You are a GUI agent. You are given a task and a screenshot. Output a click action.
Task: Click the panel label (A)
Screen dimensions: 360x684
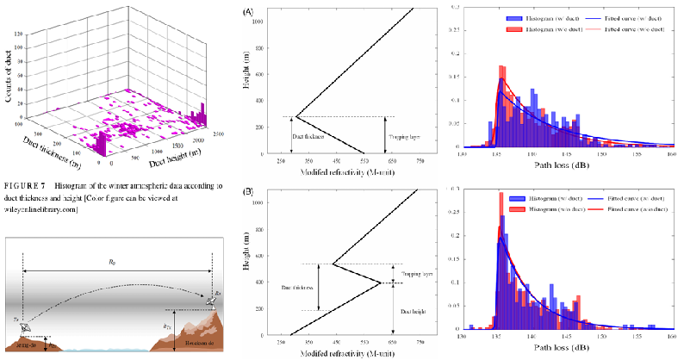[x=248, y=12]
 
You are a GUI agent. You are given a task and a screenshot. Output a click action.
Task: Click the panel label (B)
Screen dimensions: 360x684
[x=248, y=191]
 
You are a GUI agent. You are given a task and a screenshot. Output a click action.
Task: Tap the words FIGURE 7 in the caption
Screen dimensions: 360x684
[x=24, y=185]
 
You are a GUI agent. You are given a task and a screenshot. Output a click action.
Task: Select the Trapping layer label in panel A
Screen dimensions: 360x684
[x=405, y=136]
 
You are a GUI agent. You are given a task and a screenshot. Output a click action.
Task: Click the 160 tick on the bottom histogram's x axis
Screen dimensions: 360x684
[x=672, y=337]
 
